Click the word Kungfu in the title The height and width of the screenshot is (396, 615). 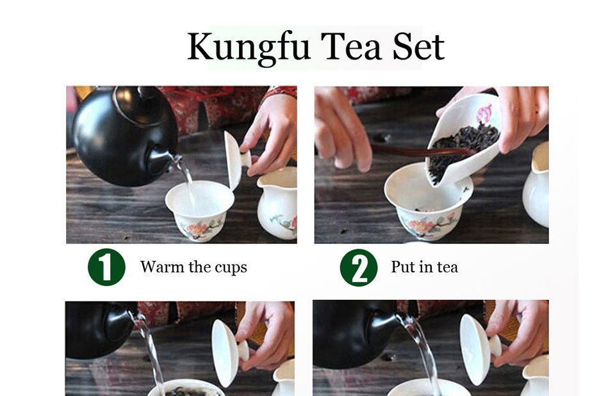pyautogui.click(x=249, y=47)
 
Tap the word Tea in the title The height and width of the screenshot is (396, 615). pyautogui.click(x=351, y=46)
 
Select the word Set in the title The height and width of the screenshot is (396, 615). pyautogui.click(x=418, y=46)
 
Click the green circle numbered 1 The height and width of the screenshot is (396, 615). pyautogui.click(x=106, y=267)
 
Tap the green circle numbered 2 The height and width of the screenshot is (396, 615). pyautogui.click(x=359, y=267)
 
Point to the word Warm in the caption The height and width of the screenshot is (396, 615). pyautogui.click(x=162, y=267)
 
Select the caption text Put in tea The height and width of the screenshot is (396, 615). pyautogui.click(x=424, y=267)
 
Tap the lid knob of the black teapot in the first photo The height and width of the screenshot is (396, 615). pyautogui.click(x=147, y=93)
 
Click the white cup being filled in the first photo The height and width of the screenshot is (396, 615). pyautogui.click(x=200, y=210)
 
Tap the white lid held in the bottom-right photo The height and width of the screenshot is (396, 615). pyautogui.click(x=479, y=349)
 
